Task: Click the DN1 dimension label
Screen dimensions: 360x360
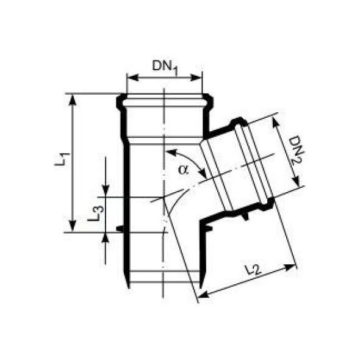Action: pyautogui.click(x=165, y=68)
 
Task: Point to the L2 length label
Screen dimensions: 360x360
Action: pyautogui.click(x=253, y=270)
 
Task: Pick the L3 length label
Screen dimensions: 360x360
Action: pyautogui.click(x=96, y=214)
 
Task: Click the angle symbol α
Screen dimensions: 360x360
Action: pyautogui.click(x=183, y=170)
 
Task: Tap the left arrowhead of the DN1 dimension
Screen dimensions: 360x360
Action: pyautogui.click(x=132, y=78)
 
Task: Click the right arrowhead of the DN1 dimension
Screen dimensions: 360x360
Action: pyautogui.click(x=196, y=78)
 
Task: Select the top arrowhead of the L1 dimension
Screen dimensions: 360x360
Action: pyautogui.click(x=73, y=99)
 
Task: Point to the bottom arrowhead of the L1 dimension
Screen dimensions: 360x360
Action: pyautogui.click(x=73, y=226)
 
